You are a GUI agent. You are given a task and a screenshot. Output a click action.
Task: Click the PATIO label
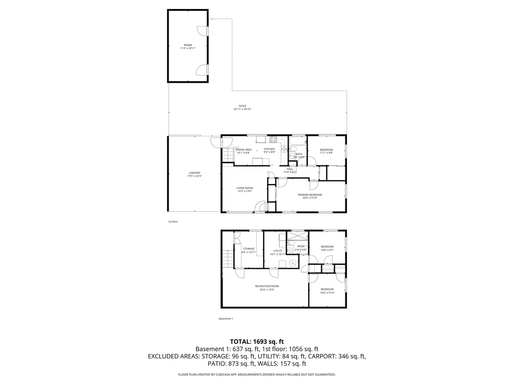[x=242, y=107]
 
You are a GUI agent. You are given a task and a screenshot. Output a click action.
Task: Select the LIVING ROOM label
[x=245, y=189]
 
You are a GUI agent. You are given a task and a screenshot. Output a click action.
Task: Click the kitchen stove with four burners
[x=274, y=139]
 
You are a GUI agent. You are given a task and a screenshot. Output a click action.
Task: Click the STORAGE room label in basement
[x=248, y=250]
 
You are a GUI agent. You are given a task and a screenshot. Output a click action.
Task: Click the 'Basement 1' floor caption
[x=226, y=318]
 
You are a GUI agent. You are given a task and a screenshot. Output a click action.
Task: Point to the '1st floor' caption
[x=173, y=221]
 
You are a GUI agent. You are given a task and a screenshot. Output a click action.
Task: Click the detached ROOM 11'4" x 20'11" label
[x=188, y=47]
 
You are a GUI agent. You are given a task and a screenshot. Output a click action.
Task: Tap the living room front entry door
[x=261, y=206]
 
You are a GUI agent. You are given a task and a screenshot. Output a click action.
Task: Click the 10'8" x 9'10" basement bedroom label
[x=327, y=291]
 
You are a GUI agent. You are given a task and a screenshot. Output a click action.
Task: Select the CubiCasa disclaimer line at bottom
[x=257, y=374]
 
